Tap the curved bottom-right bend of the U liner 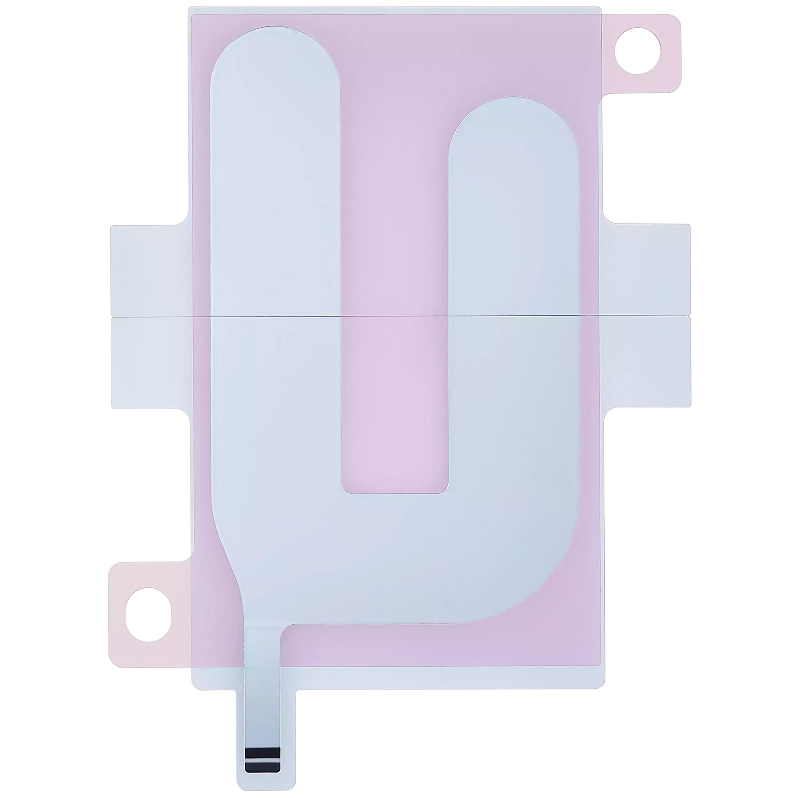point(550,594)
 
